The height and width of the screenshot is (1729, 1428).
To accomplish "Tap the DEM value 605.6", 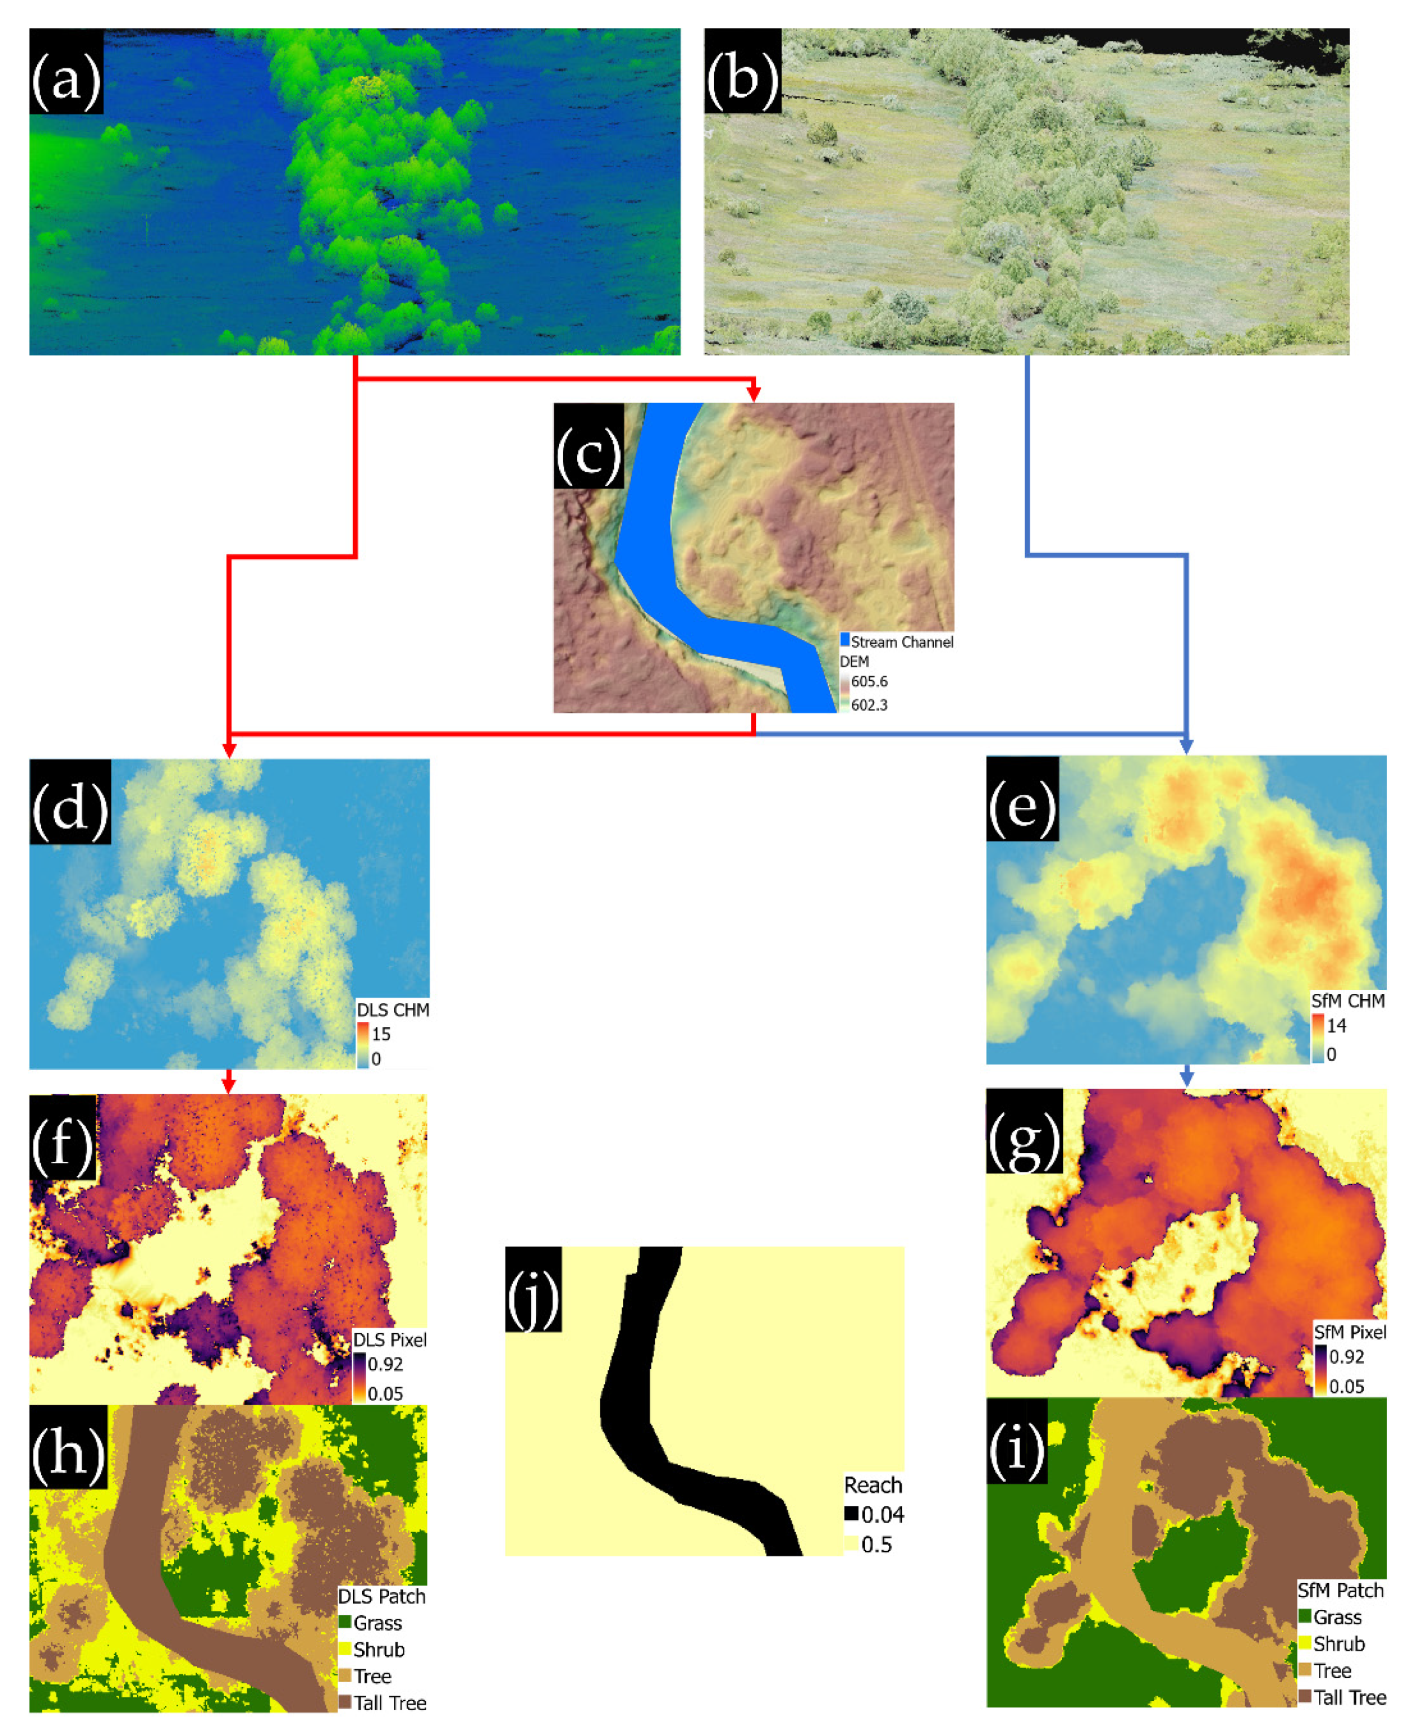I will point(868,681).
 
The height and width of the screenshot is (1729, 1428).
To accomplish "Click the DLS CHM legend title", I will point(392,1010).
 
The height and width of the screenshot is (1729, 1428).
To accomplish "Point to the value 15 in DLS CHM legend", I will point(381,1034).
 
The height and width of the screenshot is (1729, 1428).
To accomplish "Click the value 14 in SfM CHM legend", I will point(1336,1025).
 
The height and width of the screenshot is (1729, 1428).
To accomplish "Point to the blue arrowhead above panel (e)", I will point(1186,747).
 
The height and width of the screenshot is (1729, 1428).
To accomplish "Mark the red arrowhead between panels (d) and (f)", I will point(229,1086).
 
